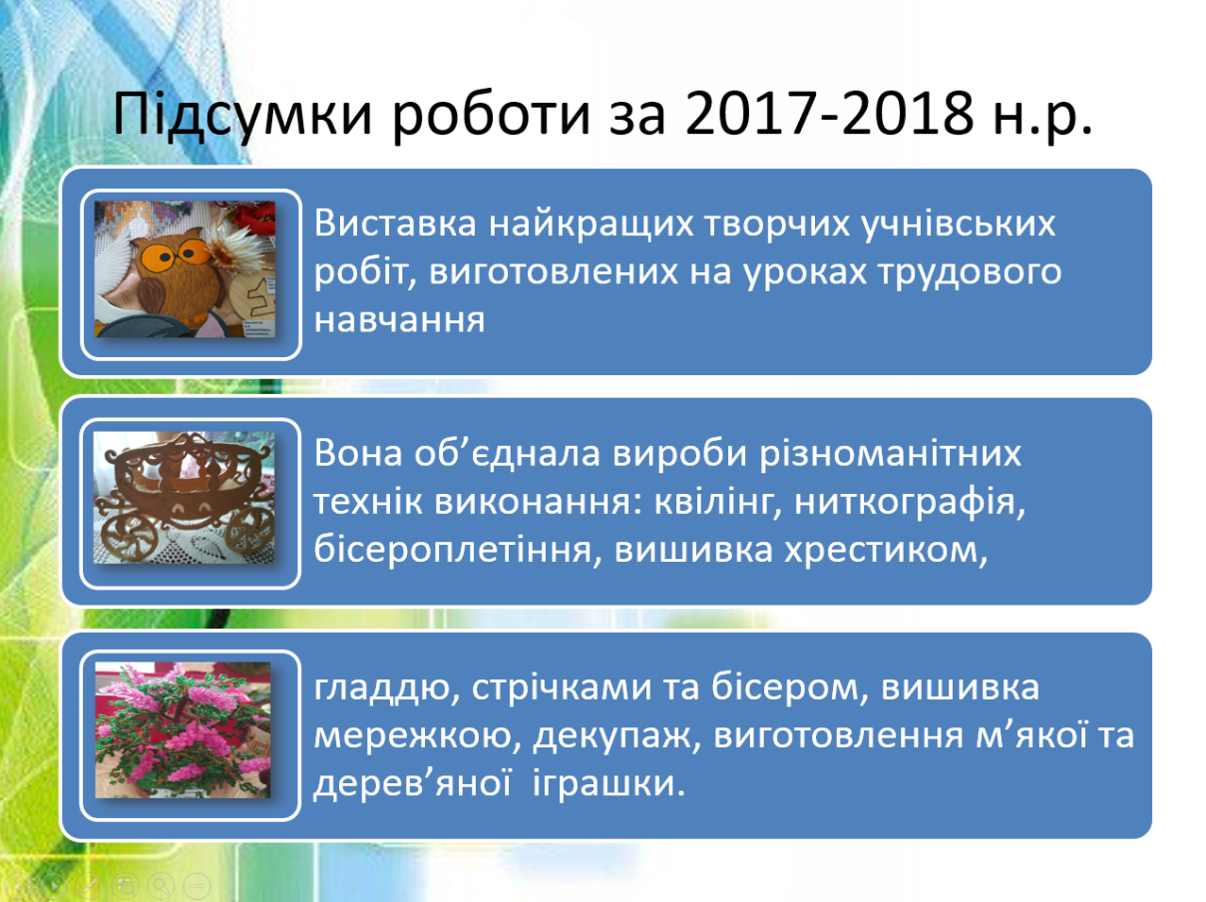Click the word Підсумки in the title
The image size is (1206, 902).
243,115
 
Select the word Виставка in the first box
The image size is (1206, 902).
395,223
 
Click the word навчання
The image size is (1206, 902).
399,319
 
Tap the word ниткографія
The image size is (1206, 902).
909,503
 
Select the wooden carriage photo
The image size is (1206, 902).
184,497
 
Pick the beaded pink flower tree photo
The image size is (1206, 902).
183,730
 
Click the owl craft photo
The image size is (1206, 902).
184,269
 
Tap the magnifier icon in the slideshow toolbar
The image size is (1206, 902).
160,886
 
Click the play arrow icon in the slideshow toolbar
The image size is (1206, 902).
53,886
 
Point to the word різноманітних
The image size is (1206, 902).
890,455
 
